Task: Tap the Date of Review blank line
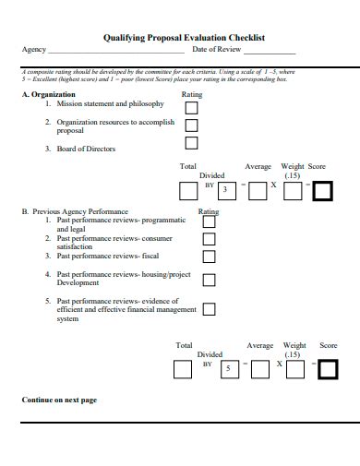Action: click(269, 52)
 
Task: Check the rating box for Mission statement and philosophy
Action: click(191, 107)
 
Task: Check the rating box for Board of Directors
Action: click(191, 143)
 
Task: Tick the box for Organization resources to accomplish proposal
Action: click(191, 125)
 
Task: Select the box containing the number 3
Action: click(224, 191)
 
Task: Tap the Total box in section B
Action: click(183, 369)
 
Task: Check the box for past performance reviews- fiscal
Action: click(209, 257)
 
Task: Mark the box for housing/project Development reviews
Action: click(209, 279)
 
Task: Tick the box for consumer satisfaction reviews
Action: click(209, 240)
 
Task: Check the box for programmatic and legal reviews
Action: click(209, 221)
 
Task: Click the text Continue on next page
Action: click(59, 400)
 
